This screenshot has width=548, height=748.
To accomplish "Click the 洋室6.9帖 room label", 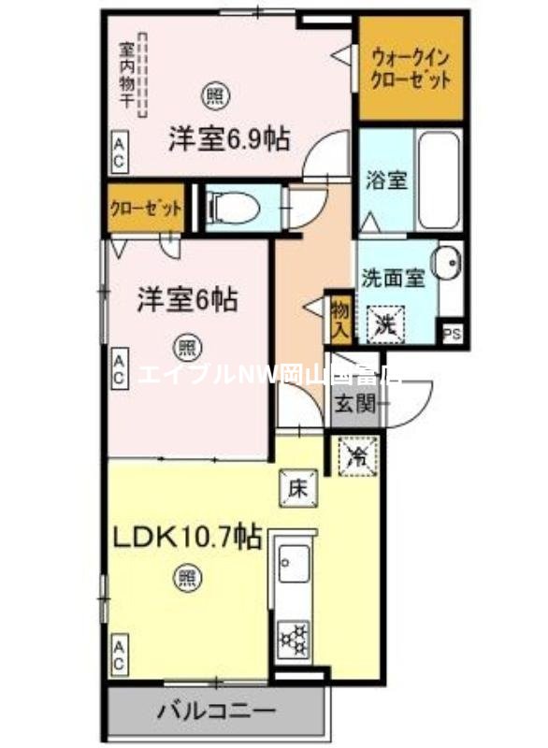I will (x=228, y=138).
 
